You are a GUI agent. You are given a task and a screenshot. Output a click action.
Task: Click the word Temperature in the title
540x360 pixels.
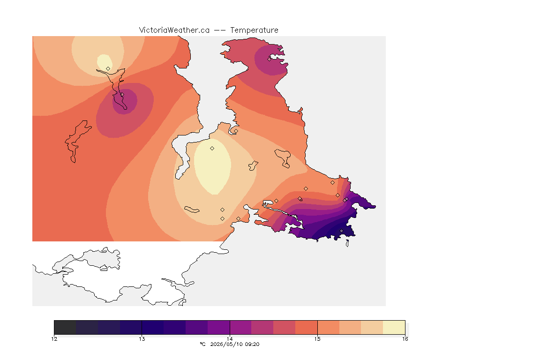[254, 30]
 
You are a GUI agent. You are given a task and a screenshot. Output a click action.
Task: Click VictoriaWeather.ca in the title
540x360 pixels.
[174, 30]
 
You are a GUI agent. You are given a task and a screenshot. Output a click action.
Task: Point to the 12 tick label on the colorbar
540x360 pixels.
[54, 339]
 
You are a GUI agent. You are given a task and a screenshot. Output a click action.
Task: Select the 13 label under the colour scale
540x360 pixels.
[142, 339]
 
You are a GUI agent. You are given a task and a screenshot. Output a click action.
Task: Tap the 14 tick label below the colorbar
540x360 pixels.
[230, 339]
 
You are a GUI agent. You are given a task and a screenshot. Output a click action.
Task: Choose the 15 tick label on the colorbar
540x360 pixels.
[317, 339]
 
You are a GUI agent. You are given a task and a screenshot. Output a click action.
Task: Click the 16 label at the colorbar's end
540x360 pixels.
[405, 339]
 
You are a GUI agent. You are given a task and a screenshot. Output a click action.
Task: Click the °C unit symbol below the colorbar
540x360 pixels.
[202, 344]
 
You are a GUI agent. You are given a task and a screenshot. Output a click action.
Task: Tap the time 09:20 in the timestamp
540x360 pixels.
[252, 344]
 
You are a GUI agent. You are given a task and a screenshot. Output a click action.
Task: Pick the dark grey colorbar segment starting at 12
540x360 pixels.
[65, 327]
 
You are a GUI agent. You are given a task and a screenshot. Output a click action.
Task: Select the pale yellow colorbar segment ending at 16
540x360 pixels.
[394, 327]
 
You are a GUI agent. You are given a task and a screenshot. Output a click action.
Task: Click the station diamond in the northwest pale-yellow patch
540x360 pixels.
[108, 68]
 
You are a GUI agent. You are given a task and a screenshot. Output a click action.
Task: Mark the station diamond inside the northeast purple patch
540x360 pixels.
[270, 59]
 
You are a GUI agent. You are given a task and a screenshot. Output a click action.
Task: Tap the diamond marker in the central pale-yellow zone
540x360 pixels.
[212, 149]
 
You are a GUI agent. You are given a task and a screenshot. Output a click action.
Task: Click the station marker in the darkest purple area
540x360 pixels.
[341, 231]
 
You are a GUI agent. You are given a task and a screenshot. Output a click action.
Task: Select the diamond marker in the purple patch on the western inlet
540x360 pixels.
[122, 94]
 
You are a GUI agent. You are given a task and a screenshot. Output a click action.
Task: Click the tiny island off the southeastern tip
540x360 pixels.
[347, 243]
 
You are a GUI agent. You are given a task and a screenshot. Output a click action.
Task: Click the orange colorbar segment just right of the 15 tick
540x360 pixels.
[328, 327]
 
